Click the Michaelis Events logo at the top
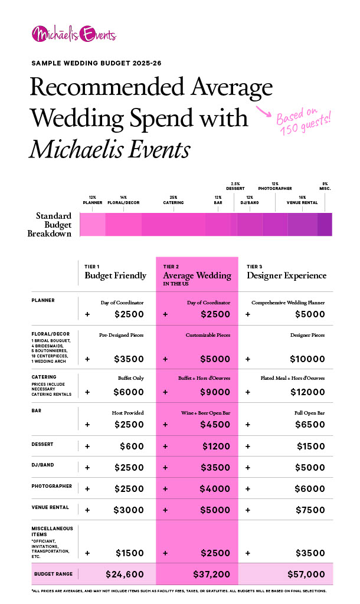pos(74,34)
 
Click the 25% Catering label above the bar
pos(173,200)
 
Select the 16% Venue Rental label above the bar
pos(302,200)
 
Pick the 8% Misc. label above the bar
pos(325,186)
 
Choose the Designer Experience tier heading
pos(286,275)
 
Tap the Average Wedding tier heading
pos(197,275)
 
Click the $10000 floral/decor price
pos(307,359)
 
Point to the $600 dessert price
pos(132,447)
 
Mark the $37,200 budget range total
pos(212,574)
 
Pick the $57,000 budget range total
pos(305,574)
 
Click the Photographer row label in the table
pos(51,487)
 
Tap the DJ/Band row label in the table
pos(42,465)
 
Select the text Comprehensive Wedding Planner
pos(288,303)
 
